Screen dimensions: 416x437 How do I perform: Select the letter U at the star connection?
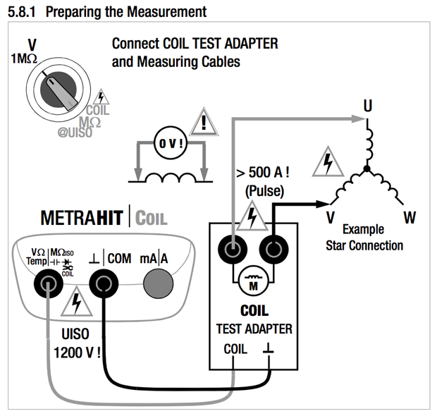(367, 105)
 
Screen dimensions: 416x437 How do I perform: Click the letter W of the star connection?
(409, 216)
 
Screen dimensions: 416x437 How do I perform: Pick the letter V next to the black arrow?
(329, 216)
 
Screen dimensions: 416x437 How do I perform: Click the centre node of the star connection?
(366, 169)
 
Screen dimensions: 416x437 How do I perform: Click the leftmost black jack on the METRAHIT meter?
(49, 284)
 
